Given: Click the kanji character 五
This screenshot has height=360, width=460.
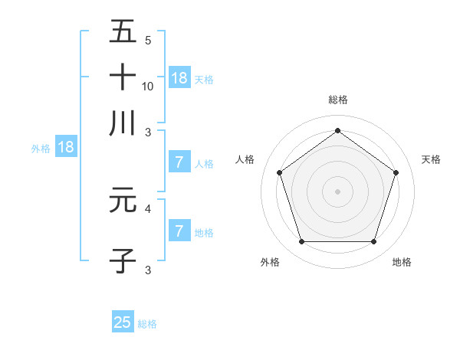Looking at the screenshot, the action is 123,32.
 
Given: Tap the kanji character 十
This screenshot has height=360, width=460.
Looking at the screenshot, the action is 123,77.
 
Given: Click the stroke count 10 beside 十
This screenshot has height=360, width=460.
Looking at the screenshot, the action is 148,86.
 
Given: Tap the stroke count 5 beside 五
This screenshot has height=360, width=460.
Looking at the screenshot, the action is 148,41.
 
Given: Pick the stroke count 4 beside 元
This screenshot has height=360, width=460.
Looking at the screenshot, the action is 148,208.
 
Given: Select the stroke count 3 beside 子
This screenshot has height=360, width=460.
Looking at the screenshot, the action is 148,270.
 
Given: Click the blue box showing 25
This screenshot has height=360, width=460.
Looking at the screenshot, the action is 123,322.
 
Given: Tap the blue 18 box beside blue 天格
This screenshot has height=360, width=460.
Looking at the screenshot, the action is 179,77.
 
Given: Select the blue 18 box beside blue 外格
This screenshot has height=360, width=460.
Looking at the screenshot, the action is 66,147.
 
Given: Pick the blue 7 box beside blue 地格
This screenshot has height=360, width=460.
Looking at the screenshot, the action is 179,231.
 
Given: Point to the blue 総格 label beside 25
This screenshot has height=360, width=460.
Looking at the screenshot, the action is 147,324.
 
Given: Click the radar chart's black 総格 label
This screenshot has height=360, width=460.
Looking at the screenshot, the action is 337,100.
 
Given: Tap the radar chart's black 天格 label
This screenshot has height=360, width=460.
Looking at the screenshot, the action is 432,159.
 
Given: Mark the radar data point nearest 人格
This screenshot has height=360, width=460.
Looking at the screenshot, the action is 279,172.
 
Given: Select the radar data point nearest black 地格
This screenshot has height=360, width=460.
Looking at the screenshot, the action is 373,242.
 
